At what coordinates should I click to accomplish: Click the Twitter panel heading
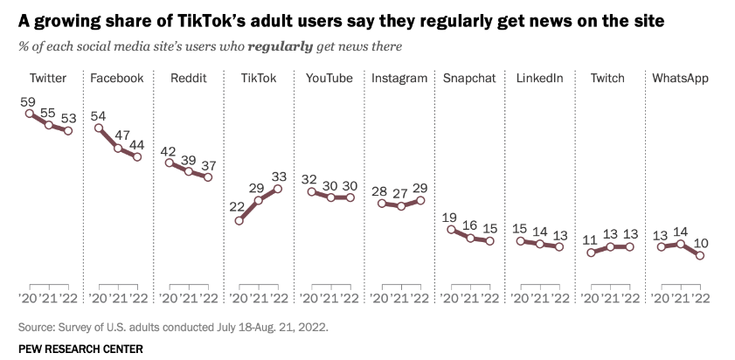point(47,79)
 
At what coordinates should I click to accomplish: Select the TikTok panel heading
point(259,79)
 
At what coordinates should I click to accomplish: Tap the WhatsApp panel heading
point(680,79)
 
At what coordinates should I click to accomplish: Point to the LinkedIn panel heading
point(539,79)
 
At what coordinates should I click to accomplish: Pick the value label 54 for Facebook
point(99,115)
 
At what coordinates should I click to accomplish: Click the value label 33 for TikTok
point(279,175)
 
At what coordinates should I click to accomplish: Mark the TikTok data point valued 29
point(259,200)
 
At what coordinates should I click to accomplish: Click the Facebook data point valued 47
point(118,148)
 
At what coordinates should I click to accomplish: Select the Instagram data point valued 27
point(400,206)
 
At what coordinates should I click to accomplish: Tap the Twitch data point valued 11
point(592,253)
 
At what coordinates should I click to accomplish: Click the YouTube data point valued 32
point(310,191)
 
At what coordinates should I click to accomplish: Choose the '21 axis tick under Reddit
point(188,297)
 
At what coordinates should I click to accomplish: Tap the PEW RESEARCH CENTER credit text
point(75,349)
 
